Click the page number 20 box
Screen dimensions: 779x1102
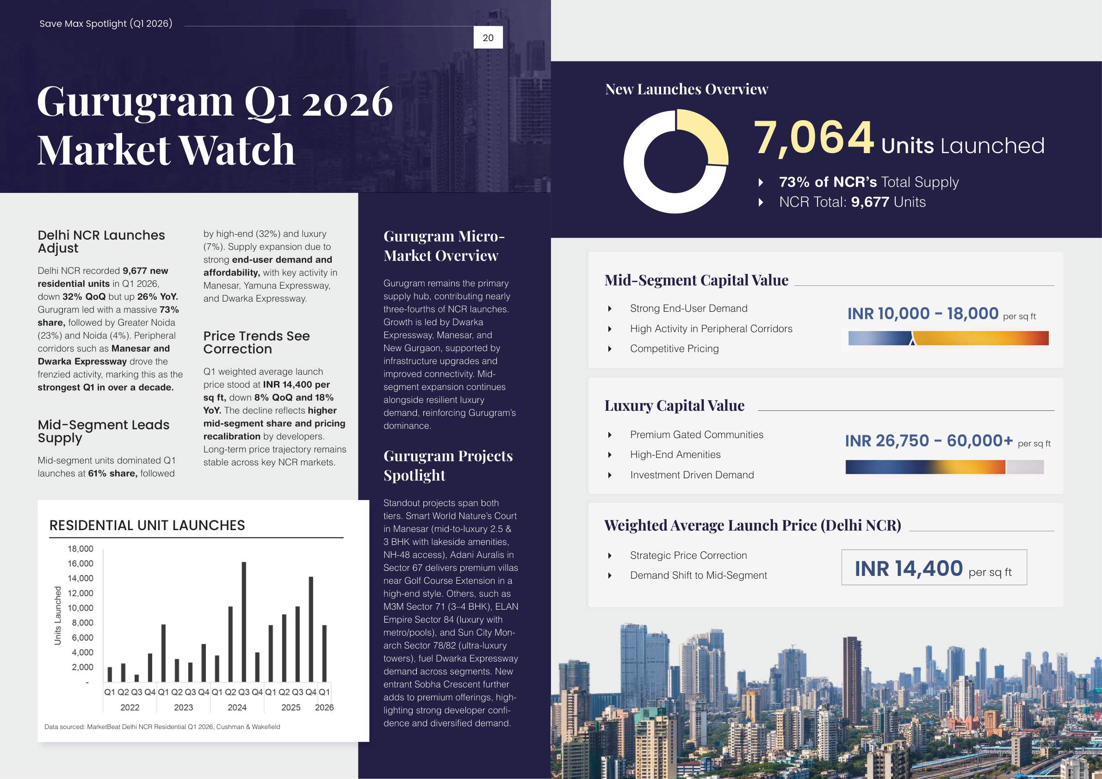[488, 37]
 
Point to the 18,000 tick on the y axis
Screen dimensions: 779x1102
[80, 549]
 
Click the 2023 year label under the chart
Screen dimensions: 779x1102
[183, 707]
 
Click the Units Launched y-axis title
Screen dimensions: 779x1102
[57, 615]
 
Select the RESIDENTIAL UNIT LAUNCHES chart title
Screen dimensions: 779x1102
[147, 525]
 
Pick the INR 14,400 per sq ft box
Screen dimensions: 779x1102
[934, 567]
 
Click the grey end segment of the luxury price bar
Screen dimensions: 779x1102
[1025, 467]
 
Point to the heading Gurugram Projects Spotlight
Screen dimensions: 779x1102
[448, 465]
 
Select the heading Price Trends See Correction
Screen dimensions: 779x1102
[256, 342]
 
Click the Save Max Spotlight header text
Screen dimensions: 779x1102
[105, 24]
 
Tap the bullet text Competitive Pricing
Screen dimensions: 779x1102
[674, 348]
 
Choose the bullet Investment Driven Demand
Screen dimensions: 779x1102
[692, 475]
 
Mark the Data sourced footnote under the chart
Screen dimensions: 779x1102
[162, 727]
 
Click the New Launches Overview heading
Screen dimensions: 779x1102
[687, 89]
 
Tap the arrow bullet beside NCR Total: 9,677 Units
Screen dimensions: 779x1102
[761, 202]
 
